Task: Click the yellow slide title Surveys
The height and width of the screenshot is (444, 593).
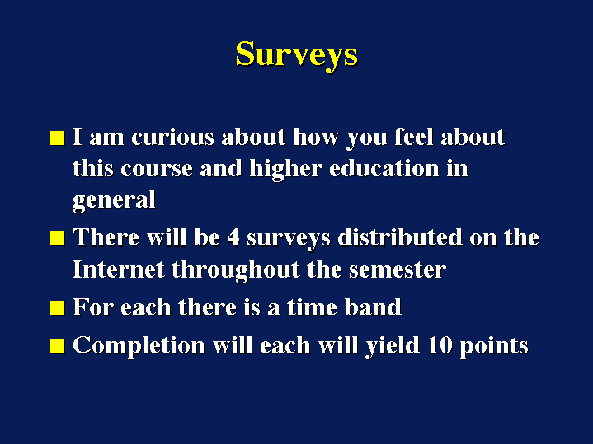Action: click(297, 56)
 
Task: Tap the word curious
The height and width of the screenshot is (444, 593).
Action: click(173, 137)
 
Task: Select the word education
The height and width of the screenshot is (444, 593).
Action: click(384, 168)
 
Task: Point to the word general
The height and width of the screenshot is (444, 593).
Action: click(114, 201)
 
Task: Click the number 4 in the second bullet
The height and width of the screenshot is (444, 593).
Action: click(233, 238)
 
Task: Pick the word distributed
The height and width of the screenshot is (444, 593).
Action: click(400, 237)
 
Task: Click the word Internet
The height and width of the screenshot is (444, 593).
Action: click(119, 270)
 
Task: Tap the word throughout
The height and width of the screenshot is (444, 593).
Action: click(236, 270)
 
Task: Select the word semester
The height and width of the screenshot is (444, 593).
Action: click(398, 271)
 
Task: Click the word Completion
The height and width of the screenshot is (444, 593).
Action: click(139, 346)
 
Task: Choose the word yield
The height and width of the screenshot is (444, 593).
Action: click(393, 346)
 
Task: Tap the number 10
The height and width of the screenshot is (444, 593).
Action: click(440, 345)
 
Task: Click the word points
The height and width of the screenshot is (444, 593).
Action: click(494, 347)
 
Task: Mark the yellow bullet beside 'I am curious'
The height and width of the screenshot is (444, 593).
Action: click(58, 138)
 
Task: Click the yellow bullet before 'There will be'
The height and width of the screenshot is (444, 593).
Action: click(58, 239)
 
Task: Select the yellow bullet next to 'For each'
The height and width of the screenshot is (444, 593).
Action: click(58, 308)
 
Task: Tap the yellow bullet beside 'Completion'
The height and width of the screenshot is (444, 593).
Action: click(58, 347)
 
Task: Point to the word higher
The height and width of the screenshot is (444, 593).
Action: click(285, 170)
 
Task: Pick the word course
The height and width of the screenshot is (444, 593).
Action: click(157, 170)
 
